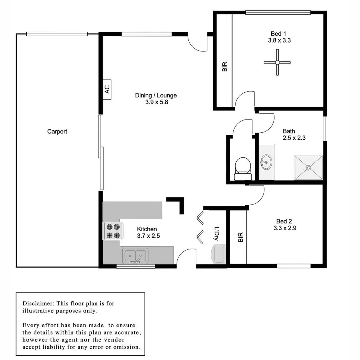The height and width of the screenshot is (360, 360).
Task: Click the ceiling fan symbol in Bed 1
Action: tap(277, 62)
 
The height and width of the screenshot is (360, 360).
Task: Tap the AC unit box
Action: tap(107, 89)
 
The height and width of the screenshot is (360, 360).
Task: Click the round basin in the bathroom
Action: tap(266, 162)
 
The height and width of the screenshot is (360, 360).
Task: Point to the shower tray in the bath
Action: tap(308, 168)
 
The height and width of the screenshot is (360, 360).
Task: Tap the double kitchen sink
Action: tap(135, 256)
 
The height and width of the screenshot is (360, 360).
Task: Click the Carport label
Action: tap(57, 132)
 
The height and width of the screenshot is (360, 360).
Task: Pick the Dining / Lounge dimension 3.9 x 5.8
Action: tap(156, 103)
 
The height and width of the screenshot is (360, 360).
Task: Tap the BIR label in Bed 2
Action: tap(241, 237)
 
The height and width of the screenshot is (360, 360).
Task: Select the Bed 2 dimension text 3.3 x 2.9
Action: tap(284, 228)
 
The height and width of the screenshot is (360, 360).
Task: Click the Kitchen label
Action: tap(147, 229)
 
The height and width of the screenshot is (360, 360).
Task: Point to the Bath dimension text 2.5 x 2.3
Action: tap(289, 138)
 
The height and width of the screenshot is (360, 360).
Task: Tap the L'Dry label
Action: tap(217, 234)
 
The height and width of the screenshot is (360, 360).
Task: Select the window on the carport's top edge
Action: tap(57, 34)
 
